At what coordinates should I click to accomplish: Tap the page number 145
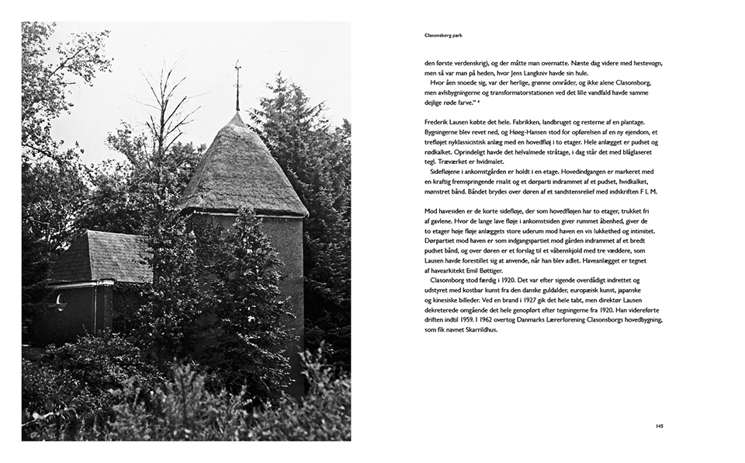[x=658, y=425]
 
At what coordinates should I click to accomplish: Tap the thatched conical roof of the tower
[x=241, y=167]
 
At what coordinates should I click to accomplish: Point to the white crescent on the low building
[x=61, y=302]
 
